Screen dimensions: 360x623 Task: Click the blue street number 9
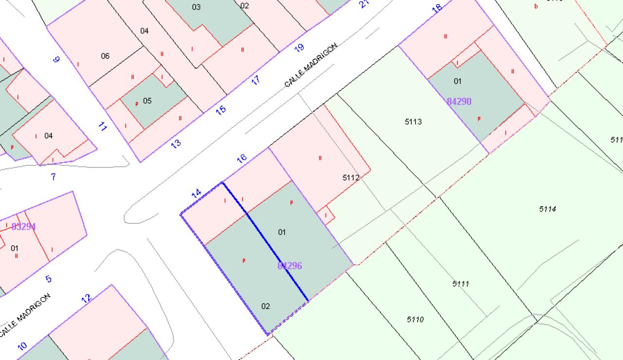(x=56, y=59)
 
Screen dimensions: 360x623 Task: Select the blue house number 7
(x=54, y=177)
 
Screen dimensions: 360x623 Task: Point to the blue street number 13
(x=176, y=143)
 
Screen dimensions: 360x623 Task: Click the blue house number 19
(x=299, y=47)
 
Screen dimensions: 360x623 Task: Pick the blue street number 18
(x=437, y=8)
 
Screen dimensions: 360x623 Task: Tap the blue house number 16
(x=241, y=158)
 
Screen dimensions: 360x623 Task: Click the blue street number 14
(x=196, y=193)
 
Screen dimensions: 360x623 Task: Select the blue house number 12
(x=86, y=298)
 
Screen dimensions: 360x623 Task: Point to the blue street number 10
(x=22, y=346)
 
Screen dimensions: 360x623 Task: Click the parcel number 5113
(x=413, y=122)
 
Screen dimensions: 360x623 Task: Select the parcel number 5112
(x=350, y=178)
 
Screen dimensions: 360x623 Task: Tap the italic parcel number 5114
(x=548, y=209)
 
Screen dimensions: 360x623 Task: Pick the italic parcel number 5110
(x=415, y=320)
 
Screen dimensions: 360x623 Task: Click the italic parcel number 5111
(x=460, y=284)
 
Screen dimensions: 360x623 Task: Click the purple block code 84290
(x=459, y=102)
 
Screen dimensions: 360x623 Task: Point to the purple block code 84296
(x=290, y=266)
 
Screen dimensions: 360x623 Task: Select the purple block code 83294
(x=23, y=227)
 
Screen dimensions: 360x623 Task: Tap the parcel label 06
(x=105, y=56)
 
